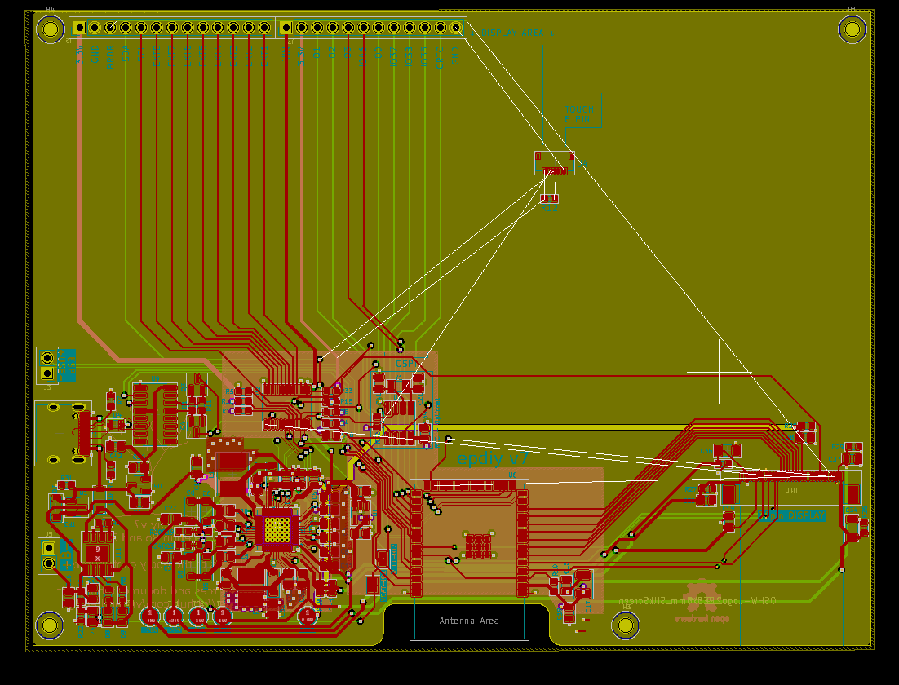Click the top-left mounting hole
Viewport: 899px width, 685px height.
click(50, 30)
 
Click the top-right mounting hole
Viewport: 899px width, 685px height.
click(852, 30)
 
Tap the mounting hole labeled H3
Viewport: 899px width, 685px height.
click(626, 625)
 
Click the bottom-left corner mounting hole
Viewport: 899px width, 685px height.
click(50, 625)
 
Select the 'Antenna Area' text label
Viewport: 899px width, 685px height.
click(469, 621)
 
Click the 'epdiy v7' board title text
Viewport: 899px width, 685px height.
click(493, 459)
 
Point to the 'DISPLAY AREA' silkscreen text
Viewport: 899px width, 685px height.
click(517, 33)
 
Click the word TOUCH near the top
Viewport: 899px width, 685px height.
click(579, 108)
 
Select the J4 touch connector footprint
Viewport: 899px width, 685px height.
click(554, 164)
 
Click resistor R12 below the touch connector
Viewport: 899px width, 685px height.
click(549, 199)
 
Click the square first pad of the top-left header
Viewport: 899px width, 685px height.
click(79, 28)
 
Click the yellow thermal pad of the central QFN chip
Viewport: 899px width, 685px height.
click(277, 530)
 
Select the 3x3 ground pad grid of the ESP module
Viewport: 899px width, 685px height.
click(478, 545)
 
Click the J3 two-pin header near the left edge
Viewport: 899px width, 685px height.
click(47, 365)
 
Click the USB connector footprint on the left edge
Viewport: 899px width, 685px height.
click(61, 433)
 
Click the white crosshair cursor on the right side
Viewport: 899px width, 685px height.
click(719, 373)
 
